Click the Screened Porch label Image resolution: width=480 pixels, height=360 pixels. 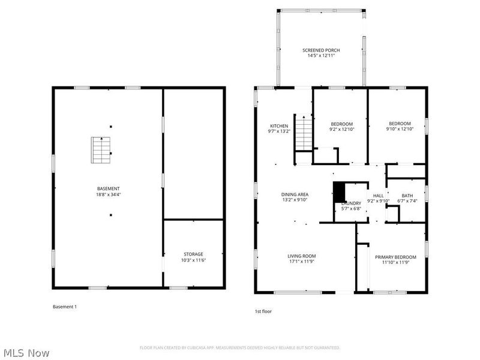[320, 50]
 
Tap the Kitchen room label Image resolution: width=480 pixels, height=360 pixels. [278, 126]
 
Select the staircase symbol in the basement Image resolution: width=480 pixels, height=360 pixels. [101, 150]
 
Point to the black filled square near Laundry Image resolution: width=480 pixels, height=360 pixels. [340, 193]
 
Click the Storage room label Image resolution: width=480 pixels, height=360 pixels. [193, 254]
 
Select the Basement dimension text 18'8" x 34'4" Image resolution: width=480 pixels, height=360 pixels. [109, 194]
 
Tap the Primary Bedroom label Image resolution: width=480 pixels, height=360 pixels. [395, 257]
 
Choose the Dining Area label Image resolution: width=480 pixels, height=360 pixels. [295, 194]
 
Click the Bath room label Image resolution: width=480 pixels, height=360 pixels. [407, 196]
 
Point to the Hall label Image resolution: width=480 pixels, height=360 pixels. [378, 196]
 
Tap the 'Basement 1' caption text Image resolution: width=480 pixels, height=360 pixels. [65, 307]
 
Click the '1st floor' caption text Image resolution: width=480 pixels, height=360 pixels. [264, 311]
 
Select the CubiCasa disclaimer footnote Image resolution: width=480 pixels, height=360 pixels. [240, 347]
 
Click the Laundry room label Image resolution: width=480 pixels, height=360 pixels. [351, 203]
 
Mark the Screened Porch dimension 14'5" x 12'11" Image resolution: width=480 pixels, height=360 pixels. [320, 56]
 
